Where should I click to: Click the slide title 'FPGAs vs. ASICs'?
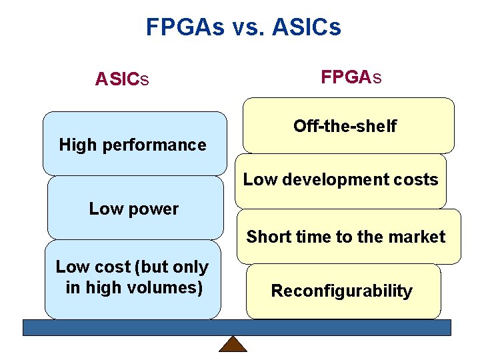click(243, 27)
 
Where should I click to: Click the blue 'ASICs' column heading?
click(121, 79)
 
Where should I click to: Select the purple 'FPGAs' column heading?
click(351, 77)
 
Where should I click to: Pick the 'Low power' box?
click(134, 209)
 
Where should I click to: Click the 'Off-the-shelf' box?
click(345, 126)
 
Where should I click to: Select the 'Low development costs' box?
click(341, 179)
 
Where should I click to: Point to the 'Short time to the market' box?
click(346, 237)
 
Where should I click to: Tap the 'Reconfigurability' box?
click(342, 291)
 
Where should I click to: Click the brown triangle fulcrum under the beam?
click(233, 344)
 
